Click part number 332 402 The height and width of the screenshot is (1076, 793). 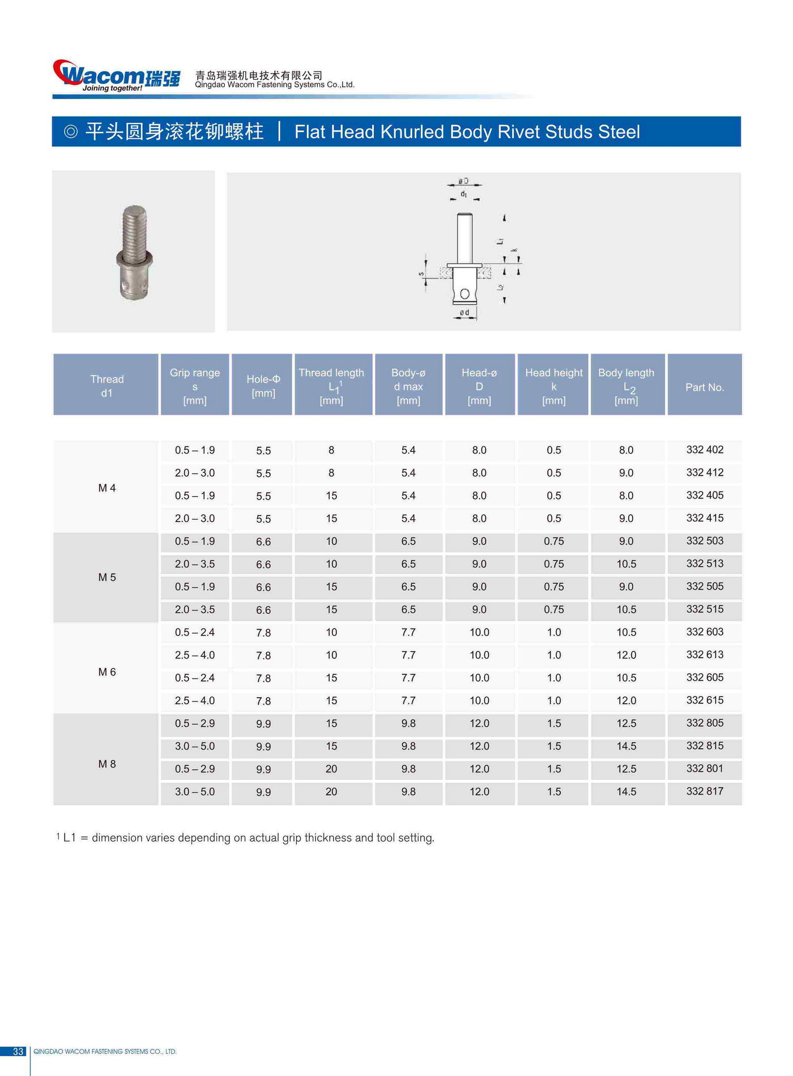pos(705,450)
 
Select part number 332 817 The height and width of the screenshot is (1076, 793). pos(705,791)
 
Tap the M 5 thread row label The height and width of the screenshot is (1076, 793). pos(106,577)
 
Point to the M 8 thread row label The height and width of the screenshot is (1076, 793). pos(106,764)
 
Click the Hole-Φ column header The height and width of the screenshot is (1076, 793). pos(263,386)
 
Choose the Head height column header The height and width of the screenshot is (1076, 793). pos(553,386)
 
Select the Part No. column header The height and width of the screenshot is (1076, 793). pos(705,387)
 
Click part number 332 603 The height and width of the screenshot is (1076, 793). pos(705,632)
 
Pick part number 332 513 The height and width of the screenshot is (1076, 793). pos(705,563)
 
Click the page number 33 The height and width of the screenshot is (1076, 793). pos(18,1052)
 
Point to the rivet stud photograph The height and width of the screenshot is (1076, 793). pos(134,252)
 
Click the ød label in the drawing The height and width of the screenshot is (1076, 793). pos(464,313)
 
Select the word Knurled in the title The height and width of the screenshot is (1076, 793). pos(412,132)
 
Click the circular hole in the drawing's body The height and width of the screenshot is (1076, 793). pos(464,293)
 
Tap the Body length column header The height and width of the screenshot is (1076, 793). pos(626,386)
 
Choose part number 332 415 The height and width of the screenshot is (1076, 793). pos(705,518)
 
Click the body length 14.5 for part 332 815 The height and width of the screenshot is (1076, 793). pos(626,746)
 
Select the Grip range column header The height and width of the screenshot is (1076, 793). pos(194,386)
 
